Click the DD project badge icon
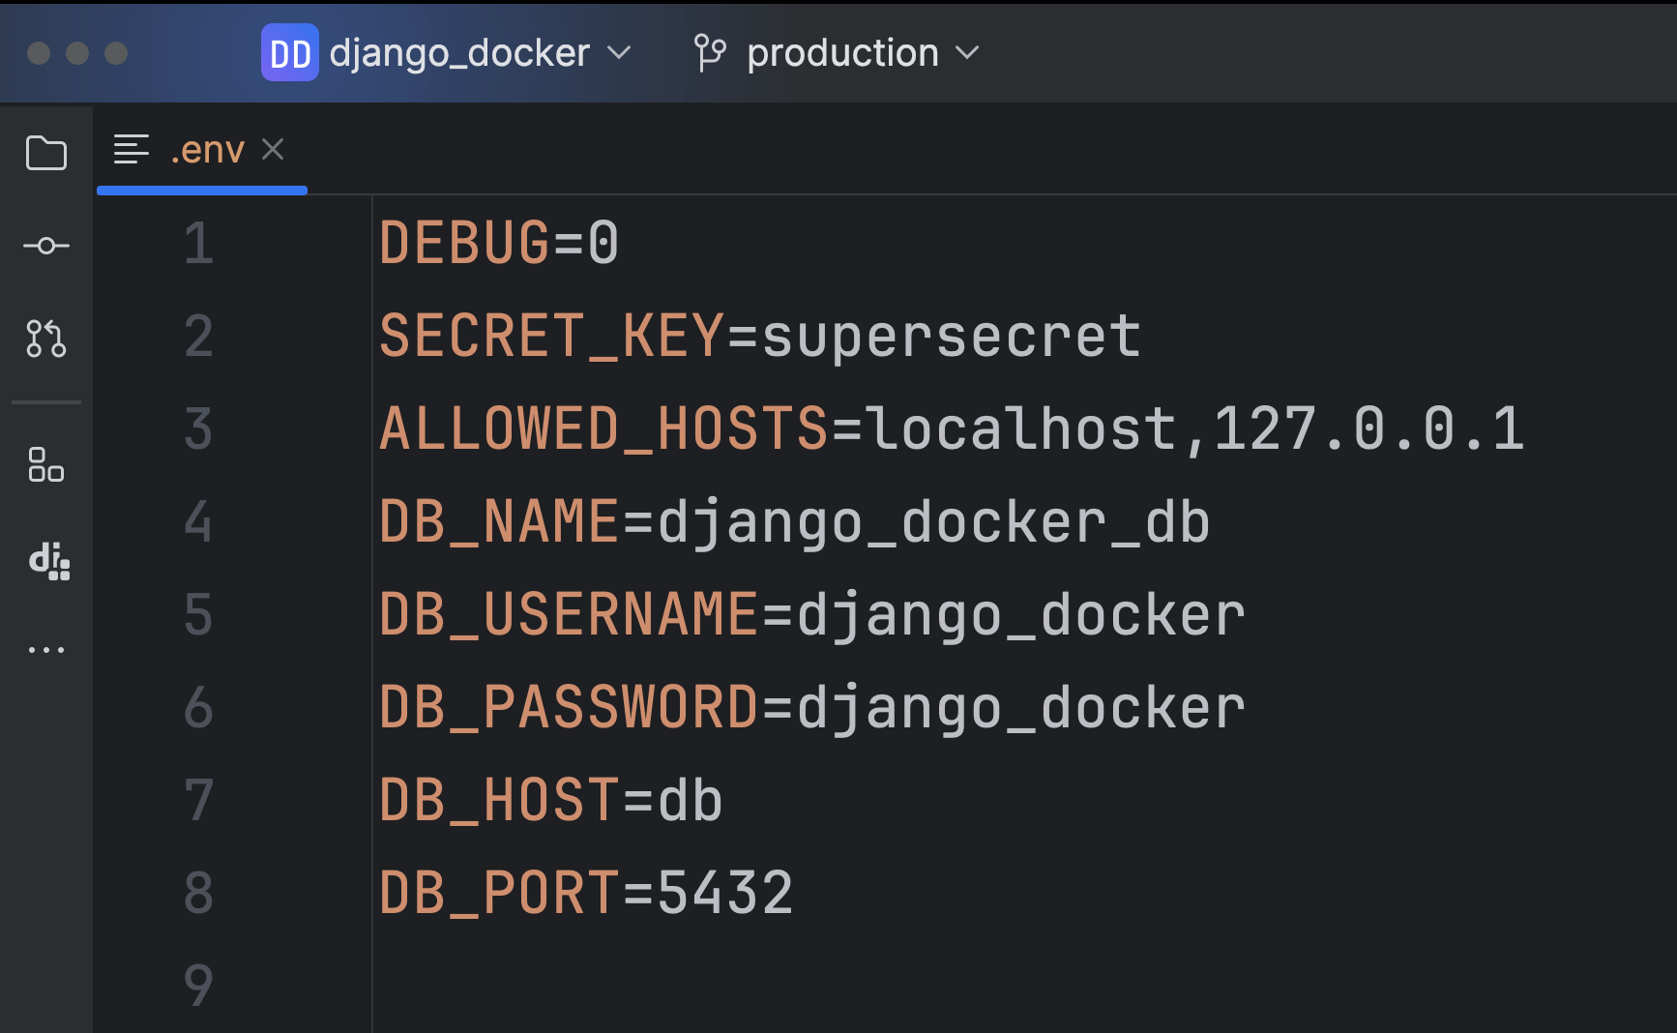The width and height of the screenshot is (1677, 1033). click(289, 53)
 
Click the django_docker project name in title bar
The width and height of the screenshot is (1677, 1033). click(459, 53)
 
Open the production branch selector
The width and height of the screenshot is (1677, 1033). click(841, 53)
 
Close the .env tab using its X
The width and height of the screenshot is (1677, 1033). click(274, 149)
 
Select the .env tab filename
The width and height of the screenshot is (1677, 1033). click(207, 150)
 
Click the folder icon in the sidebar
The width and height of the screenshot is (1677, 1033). click(46, 153)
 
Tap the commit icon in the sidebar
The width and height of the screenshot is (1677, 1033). click(46, 246)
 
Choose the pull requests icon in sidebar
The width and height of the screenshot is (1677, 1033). click(46, 339)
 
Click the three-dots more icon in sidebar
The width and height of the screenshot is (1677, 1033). click(46, 650)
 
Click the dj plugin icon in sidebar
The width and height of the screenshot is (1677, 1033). click(48, 560)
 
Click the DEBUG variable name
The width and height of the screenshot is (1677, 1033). click(464, 243)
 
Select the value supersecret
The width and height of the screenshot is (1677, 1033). click(952, 337)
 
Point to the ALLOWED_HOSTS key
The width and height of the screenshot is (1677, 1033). click(603, 429)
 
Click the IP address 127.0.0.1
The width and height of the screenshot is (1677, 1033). click(1368, 429)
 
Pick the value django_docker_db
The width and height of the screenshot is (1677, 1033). click(933, 522)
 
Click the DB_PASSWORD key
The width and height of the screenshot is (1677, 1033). click(569, 708)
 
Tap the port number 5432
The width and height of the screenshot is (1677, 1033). click(725, 893)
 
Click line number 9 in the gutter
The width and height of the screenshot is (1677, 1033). click(198, 986)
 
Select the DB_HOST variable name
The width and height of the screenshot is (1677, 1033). click(499, 801)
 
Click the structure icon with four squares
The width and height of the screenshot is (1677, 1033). click(46, 464)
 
